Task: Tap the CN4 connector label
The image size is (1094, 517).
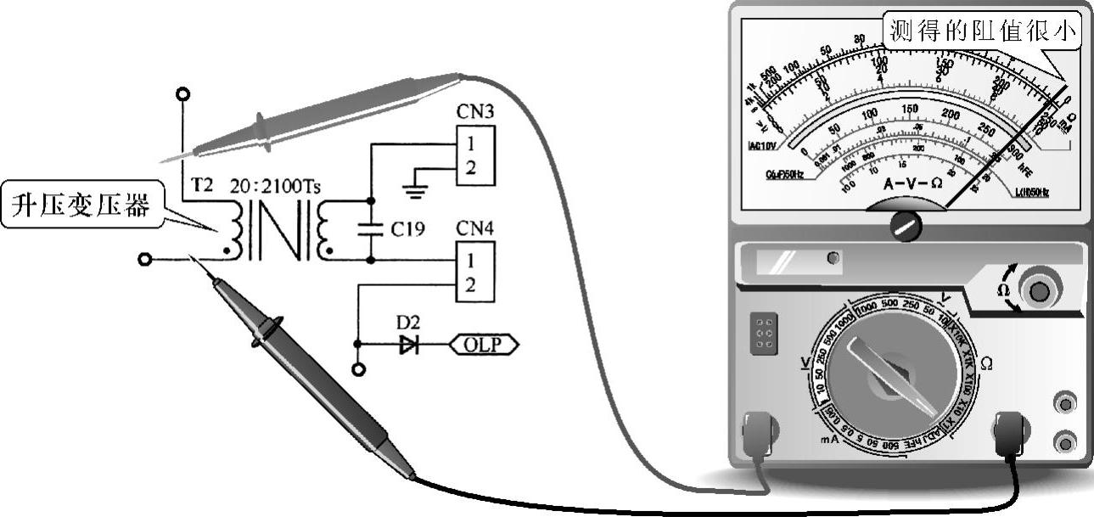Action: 474,228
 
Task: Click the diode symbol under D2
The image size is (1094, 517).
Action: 409,344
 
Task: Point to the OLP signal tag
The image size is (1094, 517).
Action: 483,344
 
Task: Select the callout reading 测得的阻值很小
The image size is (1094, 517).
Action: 983,33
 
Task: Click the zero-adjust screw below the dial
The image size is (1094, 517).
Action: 906,226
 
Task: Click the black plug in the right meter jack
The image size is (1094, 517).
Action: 1011,434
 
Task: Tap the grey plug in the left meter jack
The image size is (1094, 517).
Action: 758,435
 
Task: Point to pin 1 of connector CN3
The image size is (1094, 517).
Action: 470,142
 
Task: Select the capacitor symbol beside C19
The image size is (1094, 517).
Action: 370,227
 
